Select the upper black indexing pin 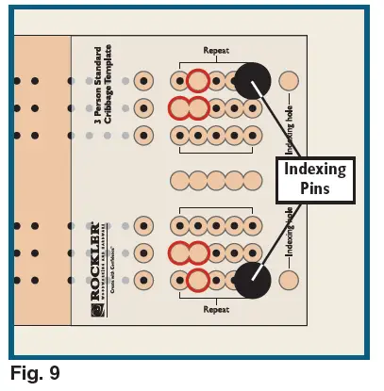253,81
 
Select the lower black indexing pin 253,280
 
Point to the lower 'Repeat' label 216,309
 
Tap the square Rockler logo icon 95,302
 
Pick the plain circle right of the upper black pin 290,81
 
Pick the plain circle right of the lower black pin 290,280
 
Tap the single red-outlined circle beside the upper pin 196,81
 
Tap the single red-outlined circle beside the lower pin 196,280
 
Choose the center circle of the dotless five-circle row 215,179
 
